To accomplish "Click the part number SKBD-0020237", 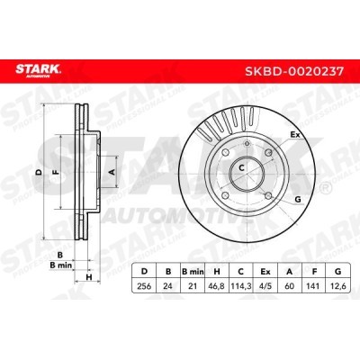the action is tap(294, 71).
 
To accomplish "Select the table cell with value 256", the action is tap(144, 286).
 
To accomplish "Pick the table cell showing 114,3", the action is tap(240, 286).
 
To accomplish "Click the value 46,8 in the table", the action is tap(217, 286).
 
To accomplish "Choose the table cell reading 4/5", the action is tap(265, 286).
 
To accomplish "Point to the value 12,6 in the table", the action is tap(338, 286).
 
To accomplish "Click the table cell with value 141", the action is tap(314, 286).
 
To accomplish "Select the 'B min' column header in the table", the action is tap(193, 272).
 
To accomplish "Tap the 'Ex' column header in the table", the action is tap(265, 272).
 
